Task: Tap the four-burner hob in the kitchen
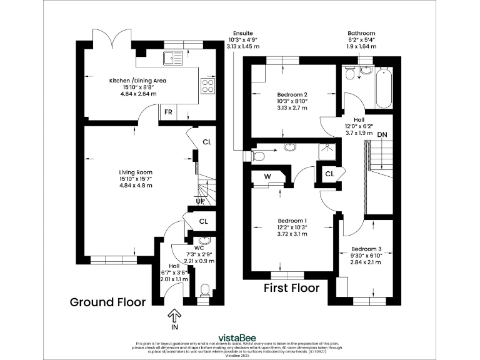point(207,87)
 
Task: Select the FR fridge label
point(167,112)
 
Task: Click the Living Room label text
point(136,172)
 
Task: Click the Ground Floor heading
point(107,302)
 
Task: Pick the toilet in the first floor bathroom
point(351,74)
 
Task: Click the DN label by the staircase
point(382,134)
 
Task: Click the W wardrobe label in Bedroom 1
point(267,176)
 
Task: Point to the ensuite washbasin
point(291,147)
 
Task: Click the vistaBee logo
point(240,335)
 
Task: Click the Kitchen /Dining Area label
point(137,81)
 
